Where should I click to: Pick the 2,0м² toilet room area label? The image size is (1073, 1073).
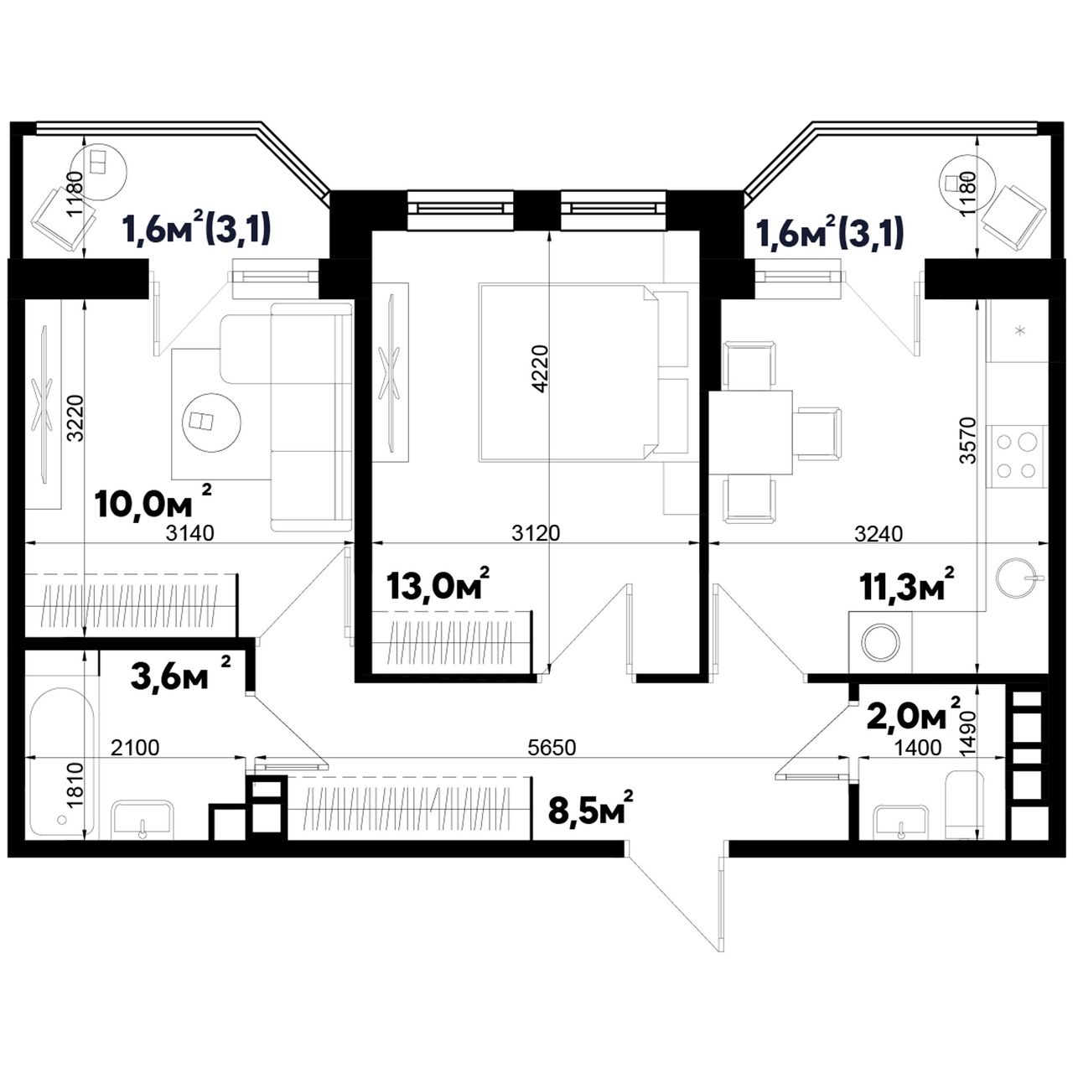(914, 715)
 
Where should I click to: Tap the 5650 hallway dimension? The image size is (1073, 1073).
(552, 748)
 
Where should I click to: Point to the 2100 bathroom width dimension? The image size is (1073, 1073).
(135, 748)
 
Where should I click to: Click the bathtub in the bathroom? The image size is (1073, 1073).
(60, 761)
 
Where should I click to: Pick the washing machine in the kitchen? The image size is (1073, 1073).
(880, 643)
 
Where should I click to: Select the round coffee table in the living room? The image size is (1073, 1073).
(213, 421)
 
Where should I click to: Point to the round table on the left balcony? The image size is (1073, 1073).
(101, 172)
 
